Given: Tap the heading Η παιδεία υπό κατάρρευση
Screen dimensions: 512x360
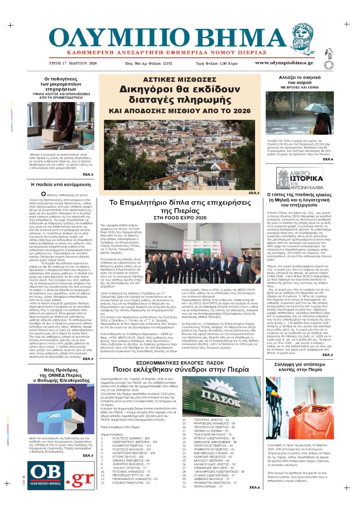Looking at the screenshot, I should pos(54,185).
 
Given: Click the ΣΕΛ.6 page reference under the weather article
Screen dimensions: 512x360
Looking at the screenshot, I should pos(328,159).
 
